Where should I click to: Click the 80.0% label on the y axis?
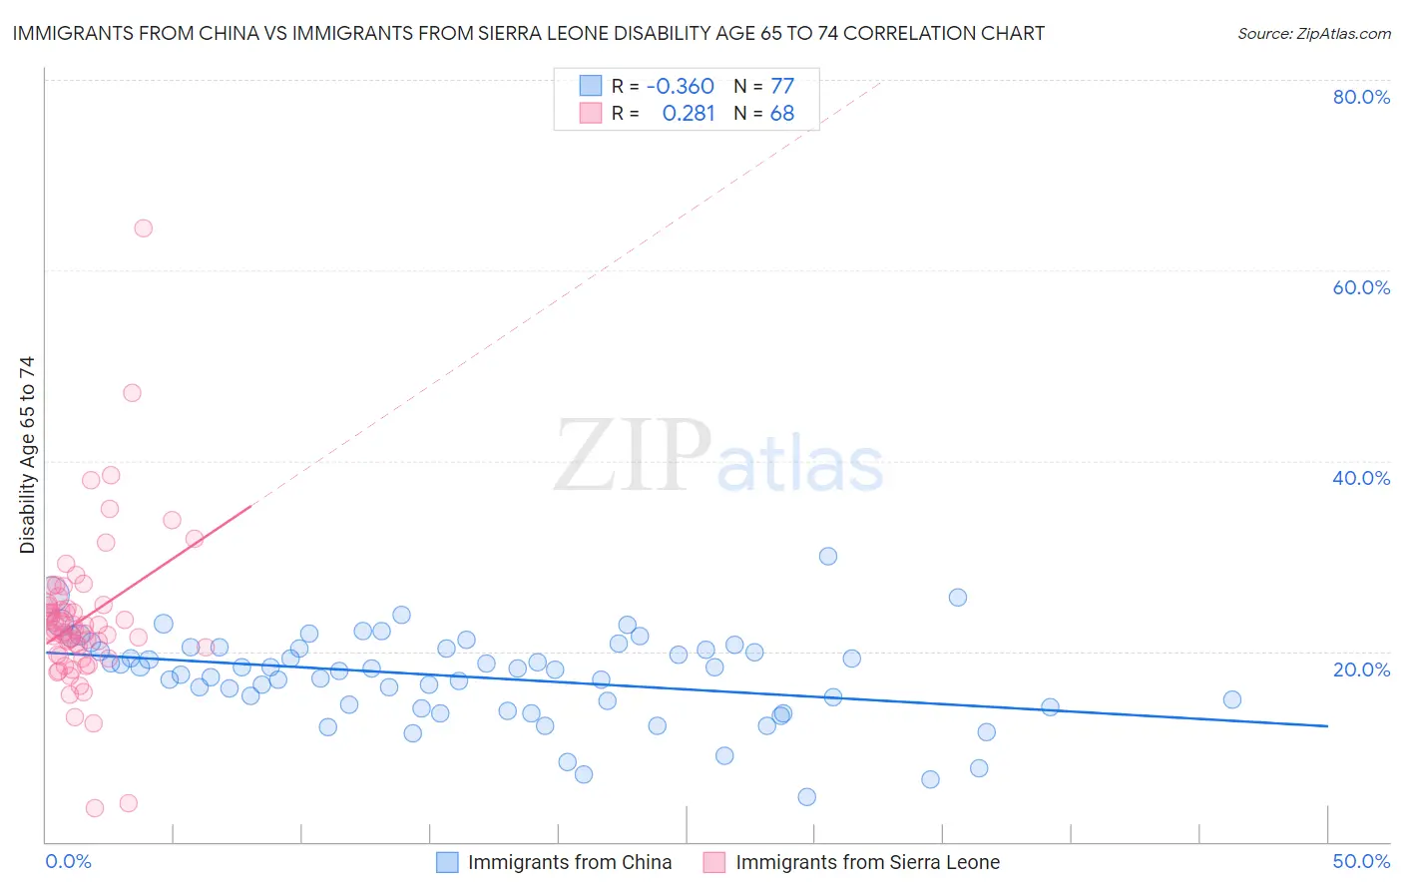click(x=1361, y=97)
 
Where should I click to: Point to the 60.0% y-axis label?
click(x=1361, y=287)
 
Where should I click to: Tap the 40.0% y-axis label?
click(x=1361, y=478)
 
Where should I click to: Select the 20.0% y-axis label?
click(x=1361, y=668)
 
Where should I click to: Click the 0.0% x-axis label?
click(x=68, y=861)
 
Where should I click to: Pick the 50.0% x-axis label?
click(x=1361, y=861)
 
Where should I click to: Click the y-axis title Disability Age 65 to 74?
click(x=27, y=455)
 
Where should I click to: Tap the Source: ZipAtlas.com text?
click(x=1313, y=33)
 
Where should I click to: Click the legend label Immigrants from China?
click(x=570, y=862)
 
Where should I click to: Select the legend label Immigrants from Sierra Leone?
click(x=867, y=862)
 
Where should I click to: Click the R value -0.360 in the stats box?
click(x=681, y=86)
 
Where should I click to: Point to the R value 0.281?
click(x=689, y=113)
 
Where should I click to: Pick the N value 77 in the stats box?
click(x=782, y=86)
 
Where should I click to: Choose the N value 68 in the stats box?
click(x=782, y=113)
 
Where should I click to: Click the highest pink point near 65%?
click(x=143, y=228)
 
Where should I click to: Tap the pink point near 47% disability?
click(x=132, y=393)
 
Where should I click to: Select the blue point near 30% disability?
click(x=828, y=557)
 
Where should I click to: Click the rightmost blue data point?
click(x=1232, y=699)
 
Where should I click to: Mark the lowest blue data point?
click(x=807, y=797)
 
